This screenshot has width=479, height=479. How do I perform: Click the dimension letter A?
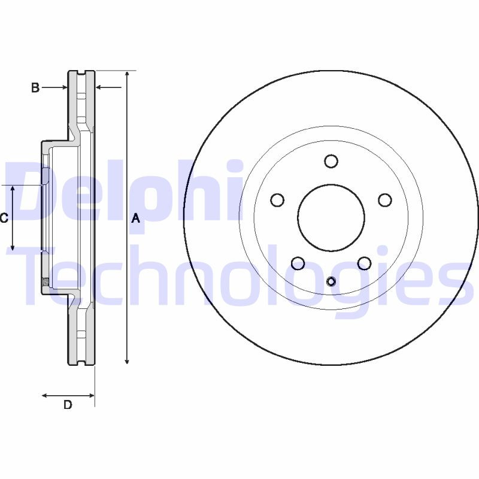click(136, 219)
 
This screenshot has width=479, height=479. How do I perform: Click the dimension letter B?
click(35, 88)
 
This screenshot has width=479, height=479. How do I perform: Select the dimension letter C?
click(4, 218)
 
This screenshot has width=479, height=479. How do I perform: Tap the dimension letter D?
click(68, 405)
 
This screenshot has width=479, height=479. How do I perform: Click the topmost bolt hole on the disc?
click(331, 161)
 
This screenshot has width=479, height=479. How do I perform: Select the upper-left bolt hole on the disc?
click(277, 200)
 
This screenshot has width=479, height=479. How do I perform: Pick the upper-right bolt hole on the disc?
click(385, 200)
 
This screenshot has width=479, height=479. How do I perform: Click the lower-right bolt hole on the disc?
click(364, 263)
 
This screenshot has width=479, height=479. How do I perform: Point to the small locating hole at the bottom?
click(331, 281)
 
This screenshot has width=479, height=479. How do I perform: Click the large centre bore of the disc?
click(331, 217)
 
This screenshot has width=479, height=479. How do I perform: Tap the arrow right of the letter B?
click(63, 88)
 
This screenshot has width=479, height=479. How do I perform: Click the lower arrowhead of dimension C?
click(13, 247)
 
